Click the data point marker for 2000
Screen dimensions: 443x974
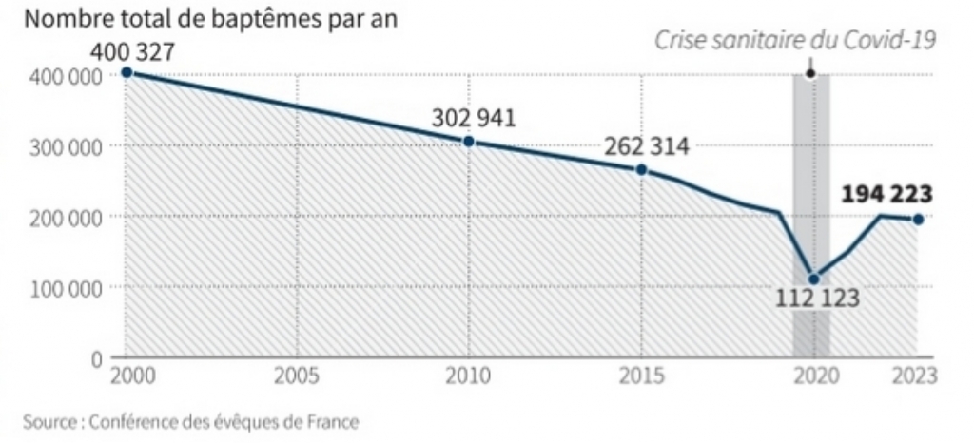tap(127, 72)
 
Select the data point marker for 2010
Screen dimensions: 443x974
tap(469, 142)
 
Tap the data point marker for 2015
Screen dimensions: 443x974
tap(641, 169)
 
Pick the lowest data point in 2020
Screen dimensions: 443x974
tap(812, 279)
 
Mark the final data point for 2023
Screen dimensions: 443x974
tap(918, 220)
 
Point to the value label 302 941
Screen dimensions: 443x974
tap(473, 119)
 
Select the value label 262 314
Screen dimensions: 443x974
tap(647, 146)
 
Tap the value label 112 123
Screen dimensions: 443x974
tap(817, 299)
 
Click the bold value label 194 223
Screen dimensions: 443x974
tap(887, 195)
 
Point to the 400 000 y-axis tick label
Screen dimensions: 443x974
tap(60, 77)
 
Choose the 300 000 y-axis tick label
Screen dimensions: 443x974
tap(60, 147)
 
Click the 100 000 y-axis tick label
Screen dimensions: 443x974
tap(60, 288)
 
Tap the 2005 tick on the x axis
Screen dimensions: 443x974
tap(296, 376)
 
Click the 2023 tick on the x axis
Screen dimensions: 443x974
tap(914, 376)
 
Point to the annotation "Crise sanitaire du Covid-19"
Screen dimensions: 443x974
tap(795, 39)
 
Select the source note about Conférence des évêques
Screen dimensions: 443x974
tap(193, 421)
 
